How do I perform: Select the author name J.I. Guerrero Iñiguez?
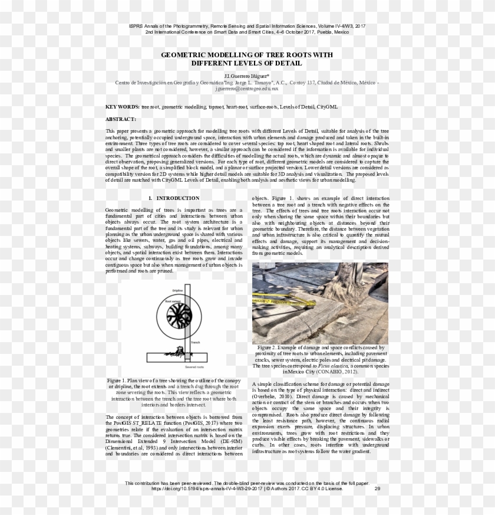pyautogui.click(x=246, y=76)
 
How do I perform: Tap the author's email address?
pyautogui.click(x=247, y=88)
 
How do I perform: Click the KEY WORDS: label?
pyautogui.click(x=123, y=107)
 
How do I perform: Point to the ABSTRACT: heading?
pyautogui.click(x=120, y=119)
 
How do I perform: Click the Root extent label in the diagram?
pyautogui.click(x=173, y=301)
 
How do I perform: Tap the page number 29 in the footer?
pyautogui.click(x=377, y=488)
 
